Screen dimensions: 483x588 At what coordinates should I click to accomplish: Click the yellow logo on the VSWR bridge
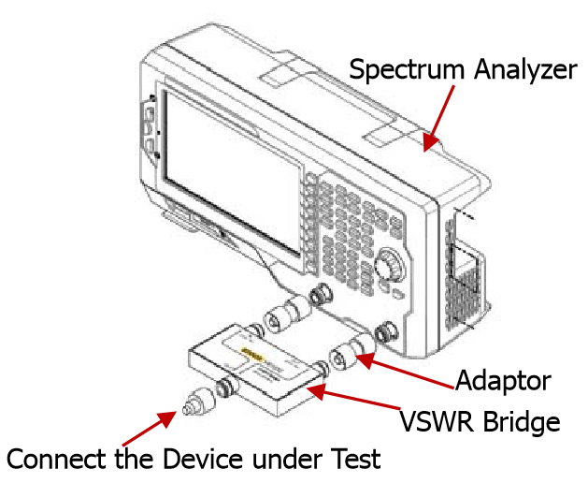coord(252,353)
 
